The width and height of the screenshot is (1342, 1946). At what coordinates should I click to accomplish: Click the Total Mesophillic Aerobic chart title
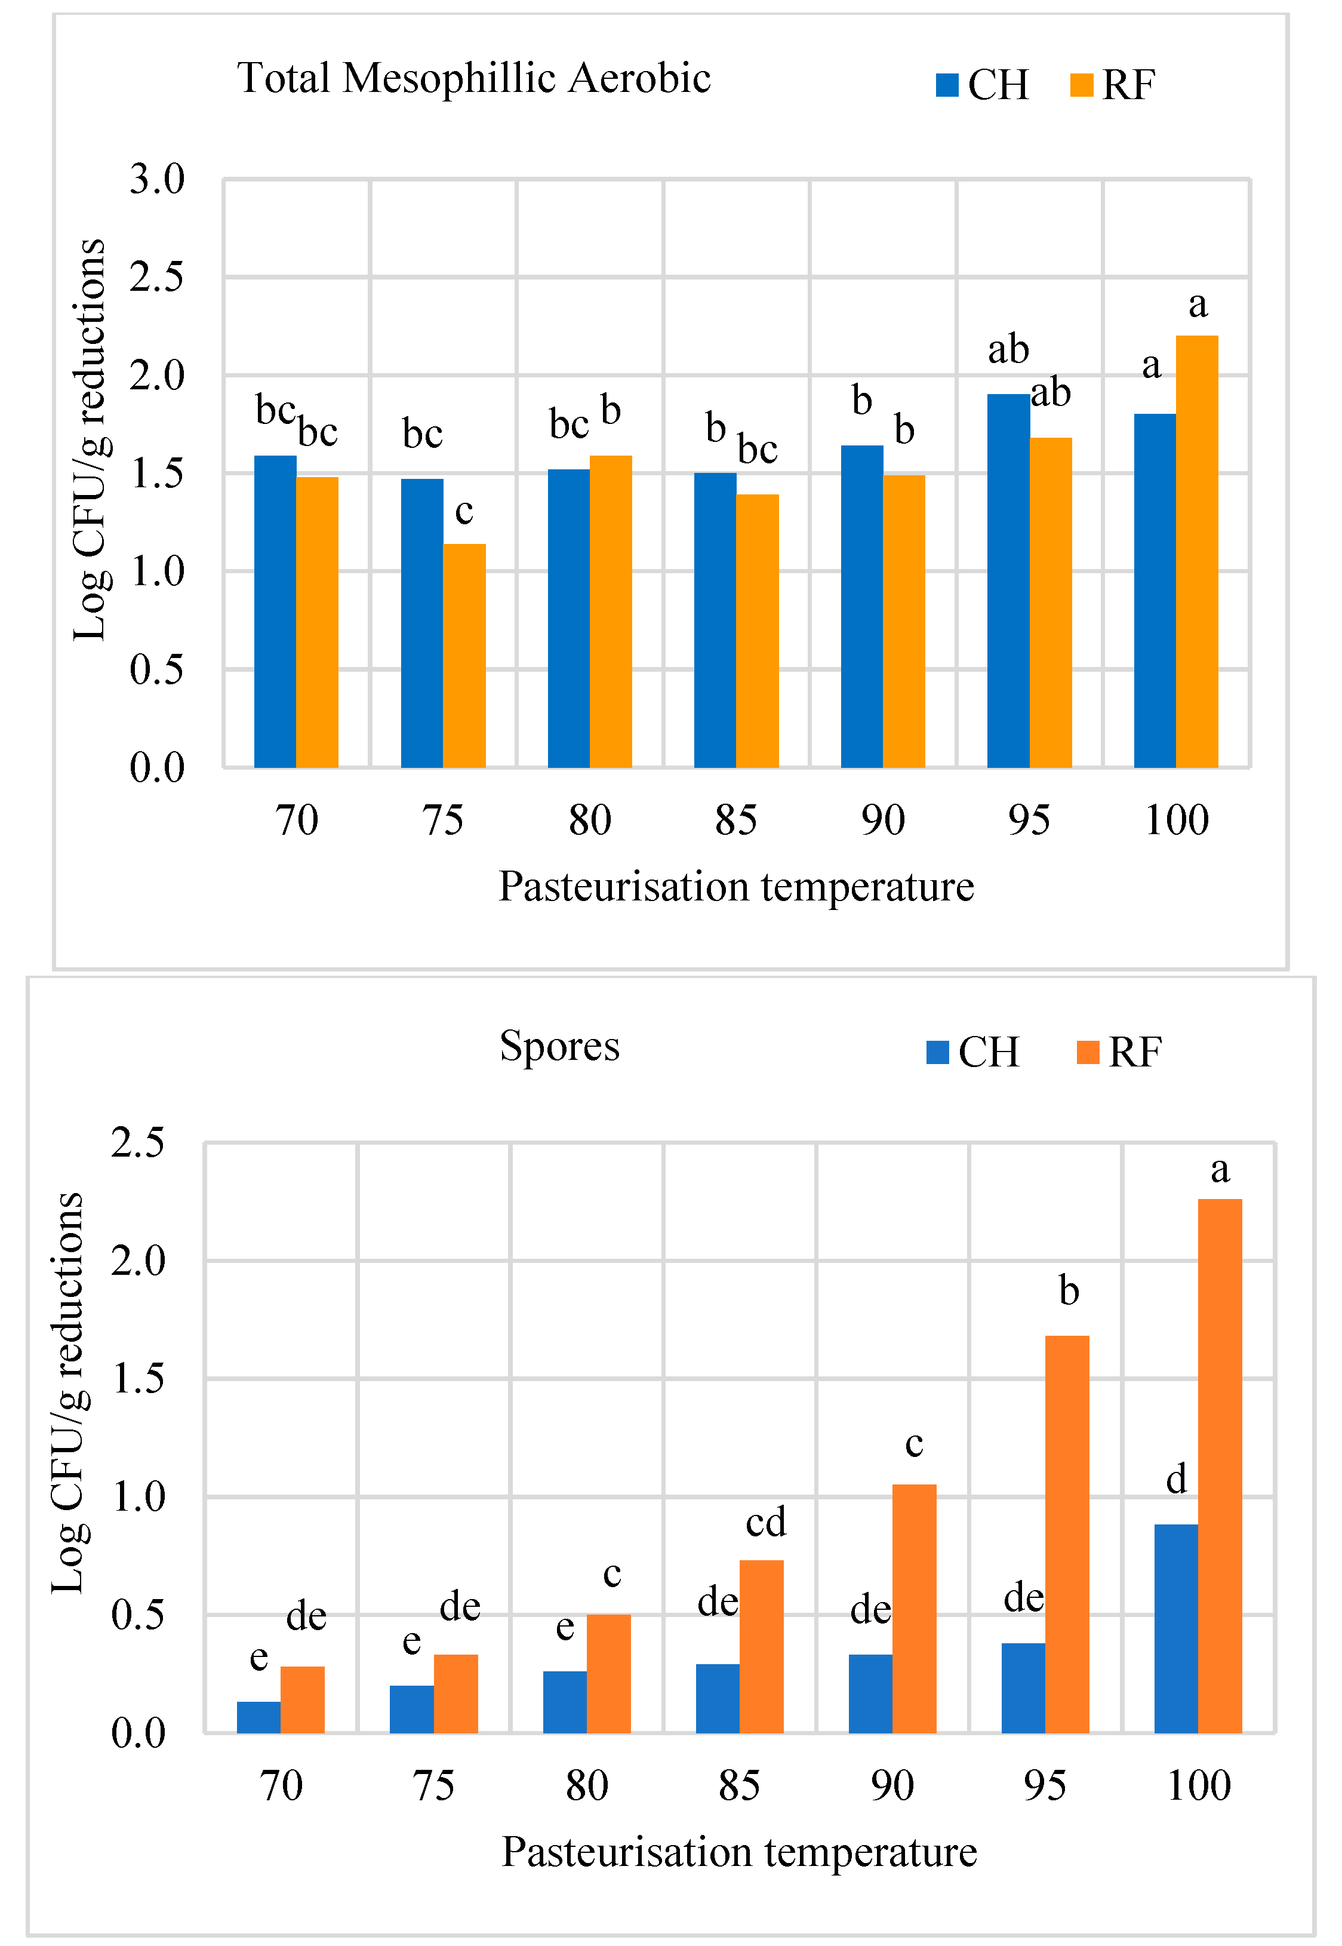(x=473, y=78)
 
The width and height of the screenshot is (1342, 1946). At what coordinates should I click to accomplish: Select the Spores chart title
(x=559, y=1046)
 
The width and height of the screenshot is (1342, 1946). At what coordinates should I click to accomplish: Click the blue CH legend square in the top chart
(x=947, y=85)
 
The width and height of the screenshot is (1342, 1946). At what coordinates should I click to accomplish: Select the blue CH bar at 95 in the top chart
(x=1008, y=580)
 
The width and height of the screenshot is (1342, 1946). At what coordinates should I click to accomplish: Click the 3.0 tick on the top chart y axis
(x=157, y=179)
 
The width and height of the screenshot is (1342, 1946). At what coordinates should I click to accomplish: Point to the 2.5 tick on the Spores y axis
(x=138, y=1143)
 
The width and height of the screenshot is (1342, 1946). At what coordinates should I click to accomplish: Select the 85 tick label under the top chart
(x=735, y=820)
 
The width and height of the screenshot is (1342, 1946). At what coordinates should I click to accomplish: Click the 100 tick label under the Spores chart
(x=1198, y=1785)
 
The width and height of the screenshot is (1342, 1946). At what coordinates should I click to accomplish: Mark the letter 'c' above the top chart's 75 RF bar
(x=464, y=511)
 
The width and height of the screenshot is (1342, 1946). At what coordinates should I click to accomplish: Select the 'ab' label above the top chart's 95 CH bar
(x=1008, y=349)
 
